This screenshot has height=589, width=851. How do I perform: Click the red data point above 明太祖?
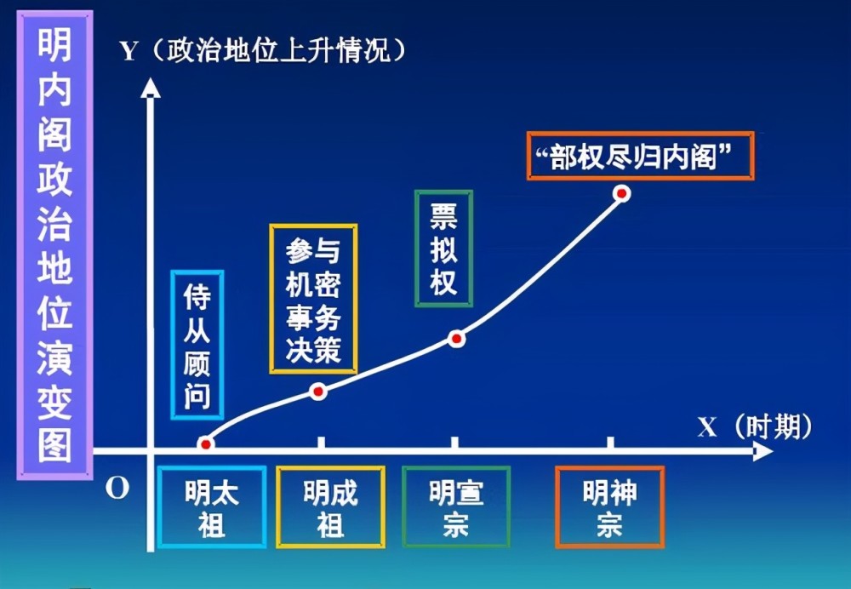(x=206, y=444)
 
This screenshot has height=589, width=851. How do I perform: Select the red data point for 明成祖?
(x=318, y=391)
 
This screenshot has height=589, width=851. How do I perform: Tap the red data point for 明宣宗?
(x=456, y=339)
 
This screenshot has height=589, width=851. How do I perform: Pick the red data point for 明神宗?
(x=622, y=193)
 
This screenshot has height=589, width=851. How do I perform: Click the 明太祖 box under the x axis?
(x=212, y=507)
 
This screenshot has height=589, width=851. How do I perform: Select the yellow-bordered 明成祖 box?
(x=330, y=507)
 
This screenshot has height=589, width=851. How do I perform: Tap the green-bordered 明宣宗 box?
(x=456, y=507)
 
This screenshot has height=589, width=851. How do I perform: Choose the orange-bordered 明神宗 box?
(x=609, y=507)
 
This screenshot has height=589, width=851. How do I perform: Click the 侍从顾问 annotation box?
(x=197, y=345)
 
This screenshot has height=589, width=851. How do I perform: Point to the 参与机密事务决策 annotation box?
(x=313, y=299)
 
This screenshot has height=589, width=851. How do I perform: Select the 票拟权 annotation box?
(x=443, y=249)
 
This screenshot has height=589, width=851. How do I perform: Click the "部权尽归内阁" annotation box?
(x=641, y=156)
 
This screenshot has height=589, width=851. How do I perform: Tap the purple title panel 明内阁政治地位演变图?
(x=54, y=245)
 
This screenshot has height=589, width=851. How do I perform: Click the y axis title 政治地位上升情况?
(x=278, y=52)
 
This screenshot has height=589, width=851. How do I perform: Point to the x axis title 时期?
(x=774, y=426)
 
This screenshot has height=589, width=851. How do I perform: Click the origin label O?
(x=117, y=489)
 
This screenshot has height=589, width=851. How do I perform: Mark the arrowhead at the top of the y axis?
(x=151, y=88)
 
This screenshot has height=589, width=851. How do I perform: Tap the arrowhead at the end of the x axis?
(x=763, y=451)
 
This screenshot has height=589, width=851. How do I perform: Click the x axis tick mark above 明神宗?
(x=610, y=443)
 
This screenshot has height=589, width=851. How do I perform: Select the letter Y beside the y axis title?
(x=129, y=52)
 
